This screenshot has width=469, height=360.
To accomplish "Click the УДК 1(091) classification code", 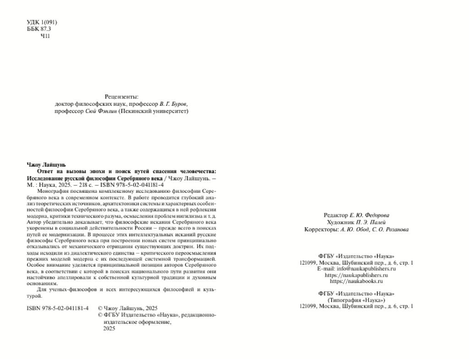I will tap(42, 22).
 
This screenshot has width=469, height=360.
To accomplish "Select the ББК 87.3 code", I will tap(39, 29).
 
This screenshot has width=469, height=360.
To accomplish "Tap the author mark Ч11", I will tap(45, 36).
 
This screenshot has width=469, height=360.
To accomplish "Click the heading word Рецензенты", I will tap(121, 97).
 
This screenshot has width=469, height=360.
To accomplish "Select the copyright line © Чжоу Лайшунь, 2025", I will tap(128, 308).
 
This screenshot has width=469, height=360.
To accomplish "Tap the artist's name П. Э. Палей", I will tap(368, 222).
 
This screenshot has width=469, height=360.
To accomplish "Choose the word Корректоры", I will tap(322, 229).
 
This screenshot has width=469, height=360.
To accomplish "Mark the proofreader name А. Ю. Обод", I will tap(354, 229).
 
